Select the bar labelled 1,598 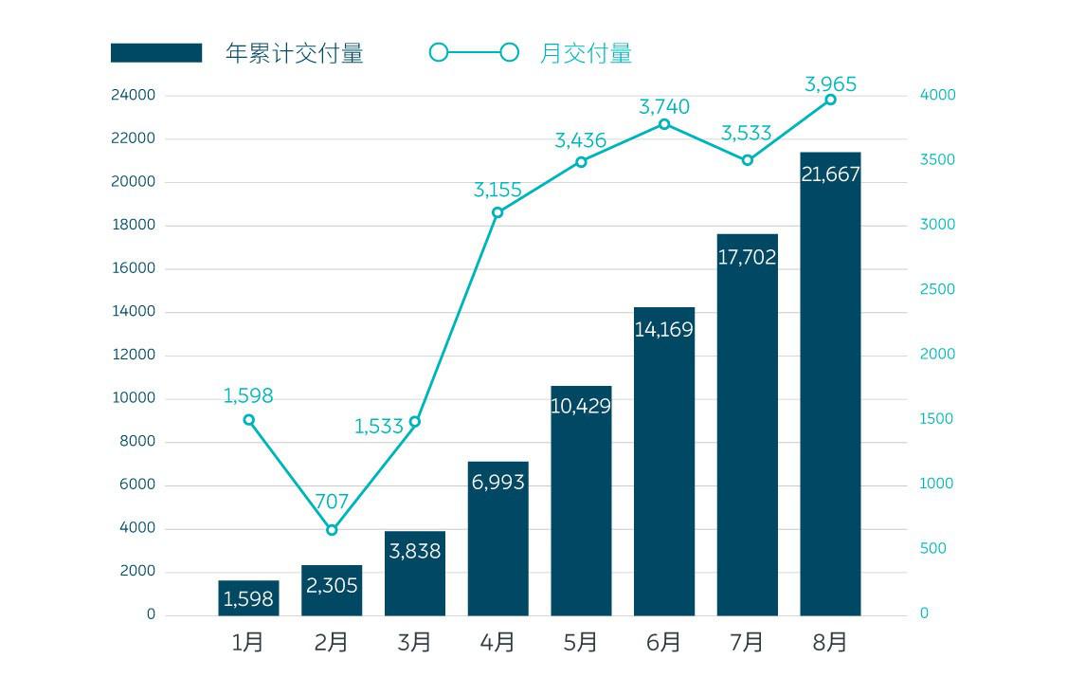tap(248, 598)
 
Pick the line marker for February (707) tap(332, 530)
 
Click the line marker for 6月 tap(664, 124)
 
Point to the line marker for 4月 tap(497, 212)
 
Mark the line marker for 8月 tap(830, 100)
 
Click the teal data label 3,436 tap(580, 141)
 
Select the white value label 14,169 tap(663, 330)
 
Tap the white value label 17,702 tap(747, 257)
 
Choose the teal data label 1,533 tap(379, 427)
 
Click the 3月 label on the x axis tap(414, 642)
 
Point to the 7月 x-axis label tap(747, 642)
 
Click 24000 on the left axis tap(132, 96)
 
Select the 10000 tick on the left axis tap(132, 398)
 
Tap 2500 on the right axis tap(937, 289)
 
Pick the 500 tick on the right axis tap(932, 548)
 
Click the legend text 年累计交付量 tap(295, 53)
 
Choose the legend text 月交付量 tap(586, 53)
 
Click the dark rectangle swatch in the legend tap(156, 53)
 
